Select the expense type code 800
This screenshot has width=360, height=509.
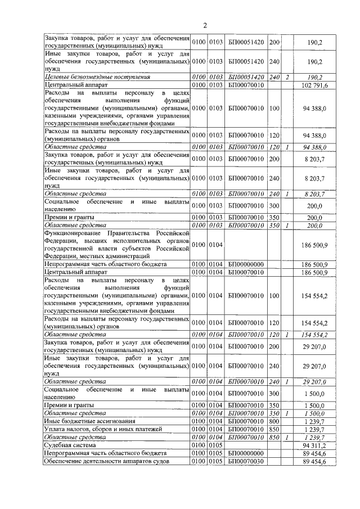click(274, 421)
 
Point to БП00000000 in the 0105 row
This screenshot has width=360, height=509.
click(246, 453)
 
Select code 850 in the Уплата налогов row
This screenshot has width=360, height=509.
click(274, 429)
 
